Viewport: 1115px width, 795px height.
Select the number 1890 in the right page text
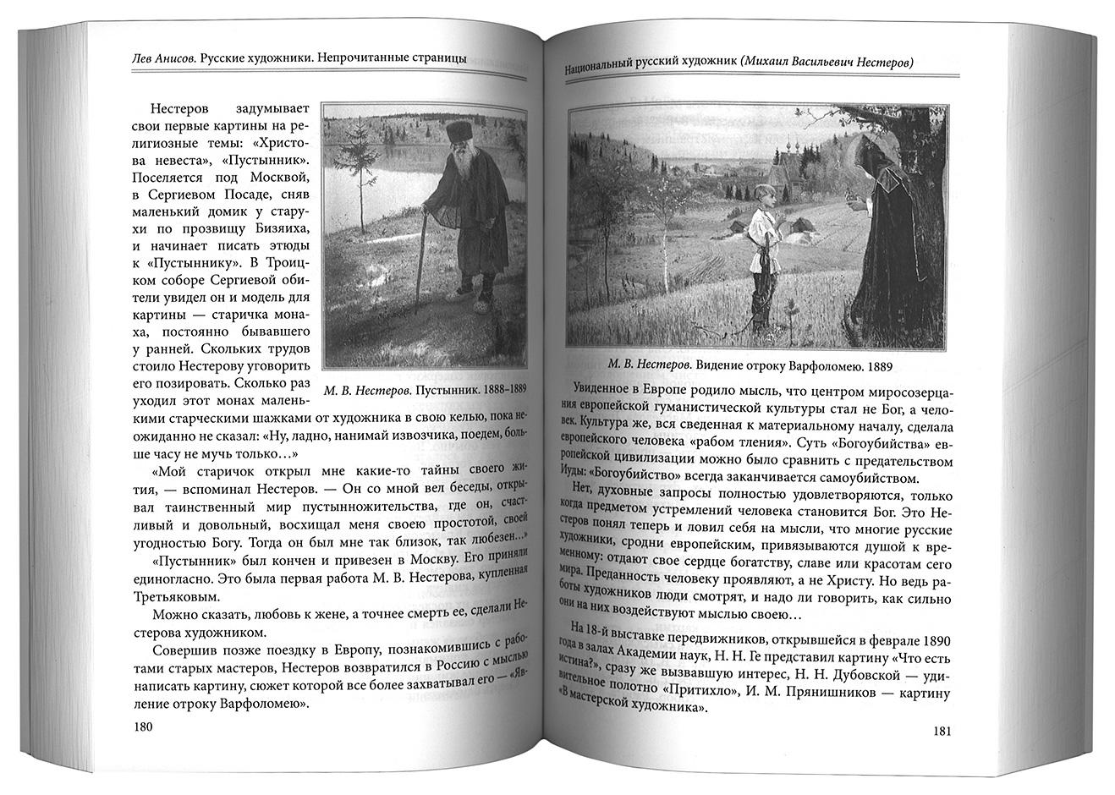pos(932,635)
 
